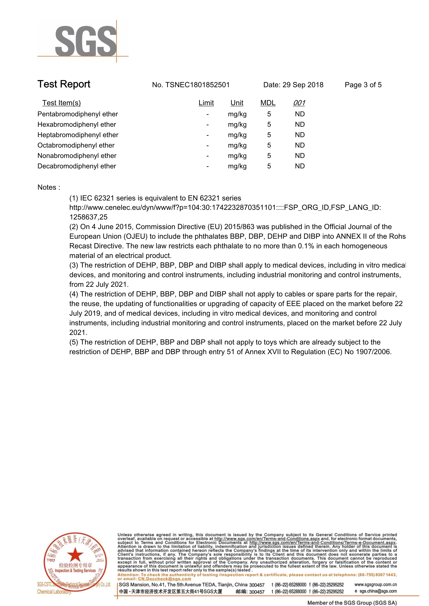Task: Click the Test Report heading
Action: pos(64,84)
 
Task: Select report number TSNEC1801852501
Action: pos(197,85)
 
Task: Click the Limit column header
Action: pos(206,103)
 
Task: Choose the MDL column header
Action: pos(268,103)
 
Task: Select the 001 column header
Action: pos(299,103)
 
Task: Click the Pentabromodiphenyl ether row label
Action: pos(78,114)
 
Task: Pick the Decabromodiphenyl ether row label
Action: pos(77,166)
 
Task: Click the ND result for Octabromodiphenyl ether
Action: pos(300,145)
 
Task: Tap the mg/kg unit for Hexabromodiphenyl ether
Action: pos(237,125)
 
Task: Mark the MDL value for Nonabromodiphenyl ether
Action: pos(269,156)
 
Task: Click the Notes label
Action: pos(49,187)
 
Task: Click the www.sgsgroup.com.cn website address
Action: pos(375,584)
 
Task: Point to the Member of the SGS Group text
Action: pos(352,603)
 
